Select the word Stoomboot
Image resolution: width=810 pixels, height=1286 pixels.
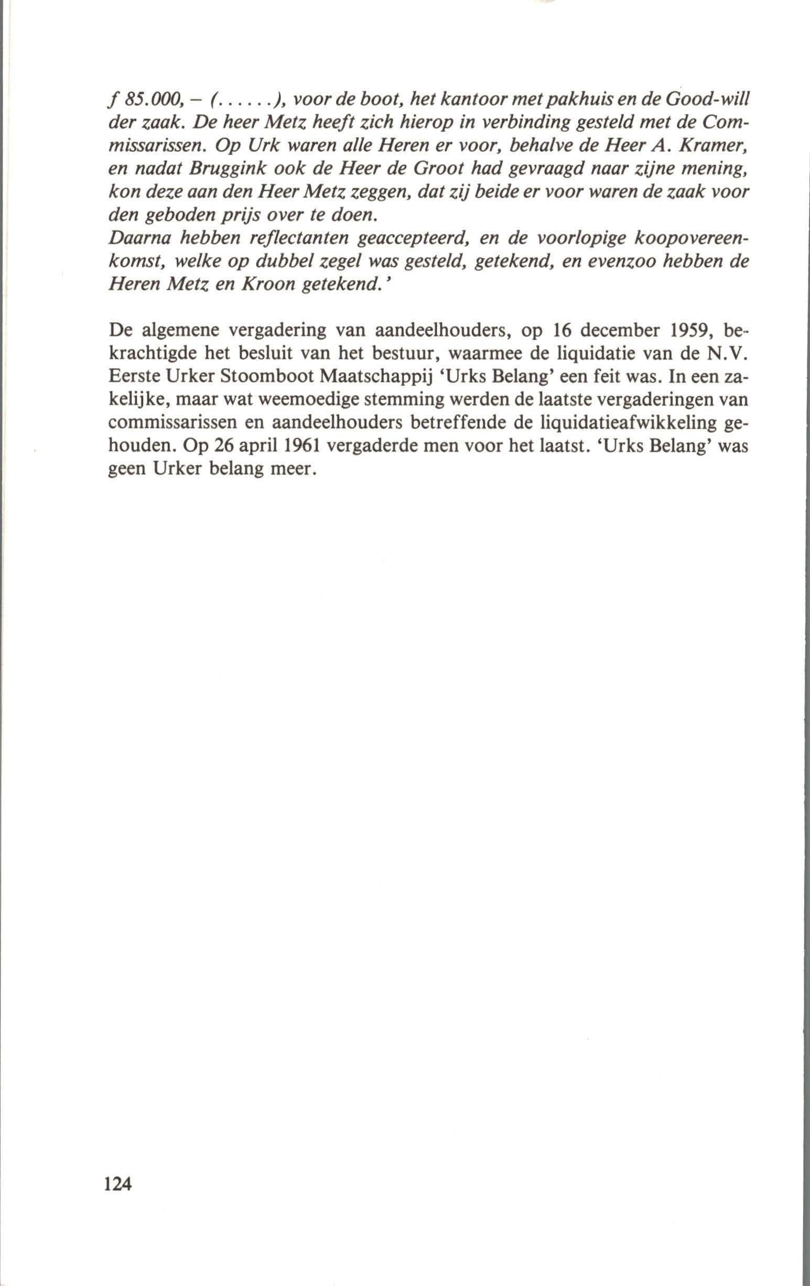[266, 381]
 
